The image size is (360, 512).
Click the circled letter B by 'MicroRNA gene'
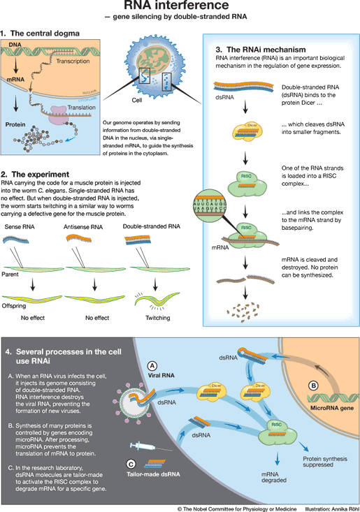(x=314, y=384)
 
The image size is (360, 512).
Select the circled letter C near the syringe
(x=131, y=462)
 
